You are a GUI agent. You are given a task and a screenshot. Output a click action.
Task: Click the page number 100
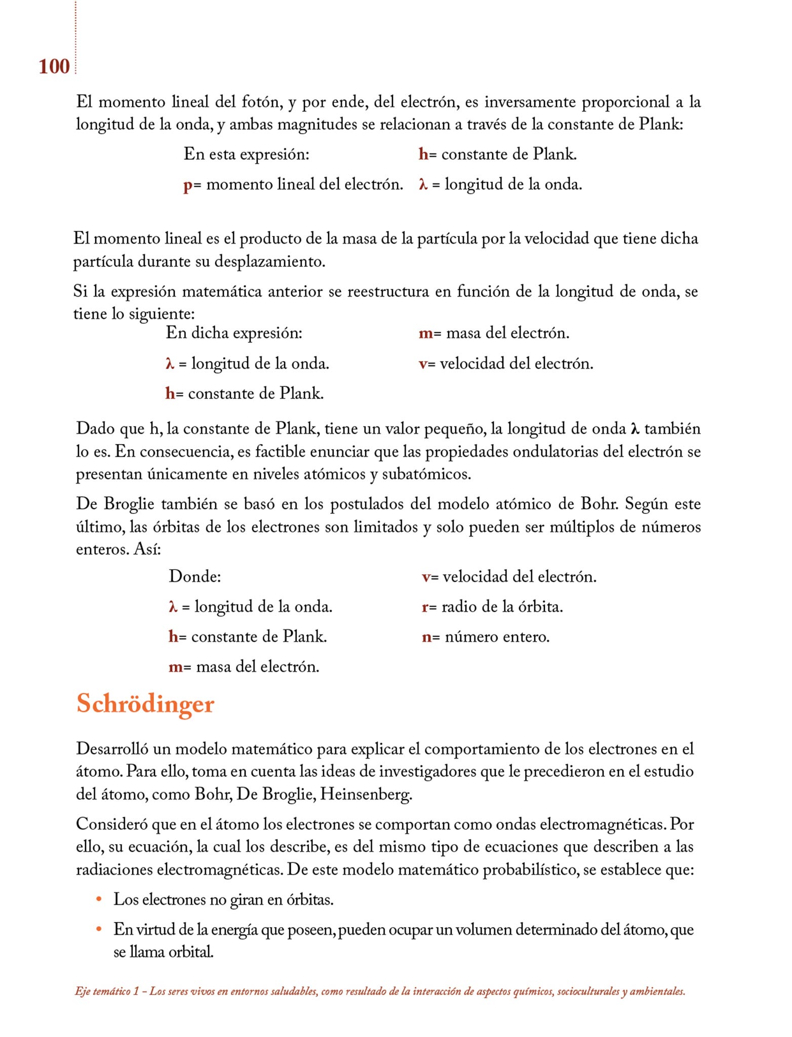click(x=54, y=66)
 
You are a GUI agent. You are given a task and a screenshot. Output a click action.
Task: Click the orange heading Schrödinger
click(x=145, y=704)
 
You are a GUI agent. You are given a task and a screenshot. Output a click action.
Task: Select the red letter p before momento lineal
click(x=187, y=185)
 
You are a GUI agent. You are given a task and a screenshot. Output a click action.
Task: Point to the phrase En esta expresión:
click(x=246, y=154)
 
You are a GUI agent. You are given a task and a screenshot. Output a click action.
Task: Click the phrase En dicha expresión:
click(x=234, y=333)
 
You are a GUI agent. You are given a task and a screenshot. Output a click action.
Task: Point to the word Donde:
click(x=194, y=576)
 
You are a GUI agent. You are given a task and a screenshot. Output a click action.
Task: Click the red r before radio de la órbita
click(x=425, y=607)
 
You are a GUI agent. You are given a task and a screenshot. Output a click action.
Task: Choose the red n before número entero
click(x=426, y=637)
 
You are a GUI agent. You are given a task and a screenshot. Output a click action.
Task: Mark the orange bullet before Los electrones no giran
click(x=99, y=899)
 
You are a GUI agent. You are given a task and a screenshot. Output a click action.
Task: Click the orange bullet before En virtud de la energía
click(x=99, y=929)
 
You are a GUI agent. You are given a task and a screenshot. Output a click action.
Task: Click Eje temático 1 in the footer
click(x=106, y=991)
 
